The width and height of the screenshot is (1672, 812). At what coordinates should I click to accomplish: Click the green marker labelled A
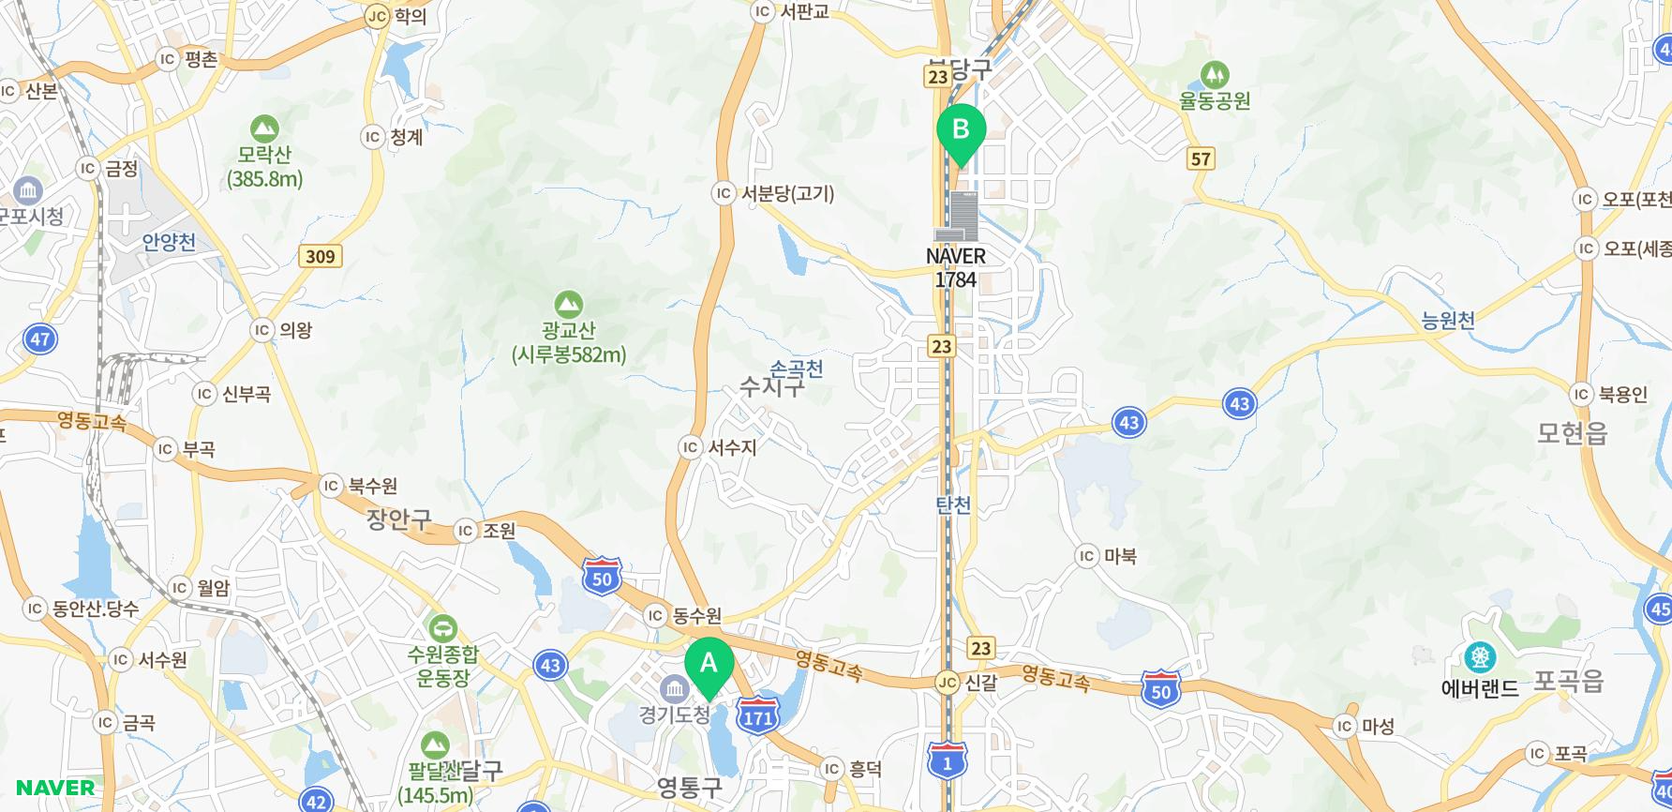(x=709, y=665)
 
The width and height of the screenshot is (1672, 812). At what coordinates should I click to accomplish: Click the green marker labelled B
(x=961, y=129)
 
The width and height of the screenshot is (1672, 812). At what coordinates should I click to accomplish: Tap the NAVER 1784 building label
(x=955, y=267)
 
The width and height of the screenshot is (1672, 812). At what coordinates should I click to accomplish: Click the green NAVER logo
(x=55, y=788)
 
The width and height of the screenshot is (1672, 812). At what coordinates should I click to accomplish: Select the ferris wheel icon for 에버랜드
(x=1479, y=657)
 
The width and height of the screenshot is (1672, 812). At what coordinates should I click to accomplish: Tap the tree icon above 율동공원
(x=1215, y=74)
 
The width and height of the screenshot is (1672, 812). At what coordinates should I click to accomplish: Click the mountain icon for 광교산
(x=568, y=304)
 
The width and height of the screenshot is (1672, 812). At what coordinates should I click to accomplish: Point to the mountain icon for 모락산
(x=264, y=128)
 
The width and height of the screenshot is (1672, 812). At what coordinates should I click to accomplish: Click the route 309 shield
(x=320, y=256)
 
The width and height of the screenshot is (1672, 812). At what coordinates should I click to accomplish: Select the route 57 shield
(x=1201, y=158)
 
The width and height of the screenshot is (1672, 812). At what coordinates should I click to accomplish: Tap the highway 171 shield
(x=757, y=716)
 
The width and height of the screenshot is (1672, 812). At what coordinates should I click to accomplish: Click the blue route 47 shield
(x=39, y=339)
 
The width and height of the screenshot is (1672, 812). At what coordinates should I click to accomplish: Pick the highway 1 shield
(x=947, y=761)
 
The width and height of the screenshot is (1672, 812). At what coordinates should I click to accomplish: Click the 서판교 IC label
(x=792, y=11)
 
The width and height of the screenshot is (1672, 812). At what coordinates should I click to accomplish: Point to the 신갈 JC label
(x=969, y=683)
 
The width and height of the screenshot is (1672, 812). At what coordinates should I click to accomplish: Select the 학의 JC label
(x=396, y=16)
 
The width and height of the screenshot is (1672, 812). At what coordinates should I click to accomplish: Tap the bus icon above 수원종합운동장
(x=442, y=626)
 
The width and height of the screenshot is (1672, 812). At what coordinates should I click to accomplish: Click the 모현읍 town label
(x=1572, y=432)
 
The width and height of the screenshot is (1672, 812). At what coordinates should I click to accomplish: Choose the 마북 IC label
(x=1107, y=556)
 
